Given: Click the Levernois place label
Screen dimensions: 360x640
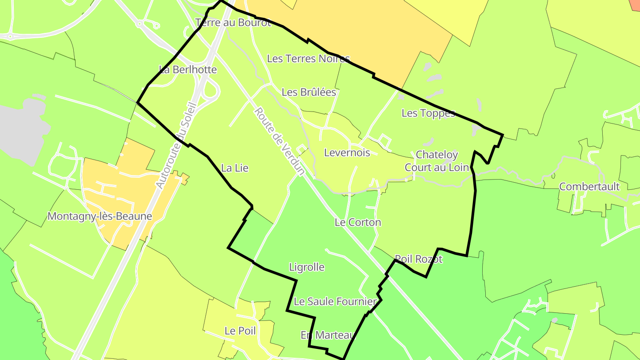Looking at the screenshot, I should pos(347,153).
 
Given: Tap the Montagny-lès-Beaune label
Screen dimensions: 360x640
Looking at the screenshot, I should pos(100,216).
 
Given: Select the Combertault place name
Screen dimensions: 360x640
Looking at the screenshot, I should pos(589,187).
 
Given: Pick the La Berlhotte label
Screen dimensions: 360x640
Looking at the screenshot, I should pos(188,70).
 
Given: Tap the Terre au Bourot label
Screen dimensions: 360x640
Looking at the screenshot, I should pos(233,23).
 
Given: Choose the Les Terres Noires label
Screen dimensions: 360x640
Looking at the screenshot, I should pos(308,59).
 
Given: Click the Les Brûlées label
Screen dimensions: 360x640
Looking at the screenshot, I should pos(309,92).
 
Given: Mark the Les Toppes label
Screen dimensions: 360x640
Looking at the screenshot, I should pos(428,113).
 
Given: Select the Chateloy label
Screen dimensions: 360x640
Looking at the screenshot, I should pos(436,155).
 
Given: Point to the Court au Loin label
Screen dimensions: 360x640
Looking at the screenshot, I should pos(436,168).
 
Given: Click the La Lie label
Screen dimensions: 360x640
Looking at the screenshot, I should pos(235,168).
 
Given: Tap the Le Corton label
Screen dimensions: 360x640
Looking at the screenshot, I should pos(358,222).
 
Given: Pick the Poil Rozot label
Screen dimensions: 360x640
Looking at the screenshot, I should pos(419,259).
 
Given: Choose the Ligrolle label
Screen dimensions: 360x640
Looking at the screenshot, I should pos(307,268).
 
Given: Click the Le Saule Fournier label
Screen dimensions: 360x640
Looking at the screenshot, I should pos(336,302).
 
